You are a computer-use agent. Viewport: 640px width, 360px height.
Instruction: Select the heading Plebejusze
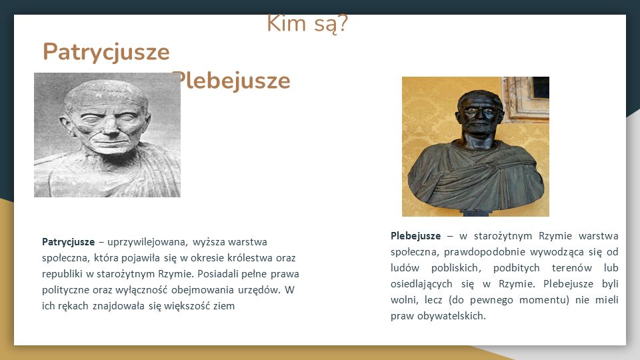[x=233, y=81]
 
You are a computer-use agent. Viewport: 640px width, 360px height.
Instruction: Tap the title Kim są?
[x=307, y=24]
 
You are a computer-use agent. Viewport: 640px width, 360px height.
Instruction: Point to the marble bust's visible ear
[x=66, y=125]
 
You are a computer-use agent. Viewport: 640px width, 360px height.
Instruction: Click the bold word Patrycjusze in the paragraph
[x=68, y=242]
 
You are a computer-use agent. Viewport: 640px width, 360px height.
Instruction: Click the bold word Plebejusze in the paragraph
[x=415, y=236]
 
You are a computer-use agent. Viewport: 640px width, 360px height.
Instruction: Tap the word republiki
[x=62, y=274]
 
